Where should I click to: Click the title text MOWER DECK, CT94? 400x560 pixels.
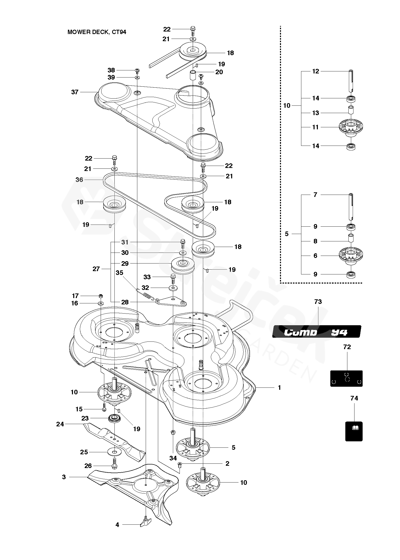point(97,32)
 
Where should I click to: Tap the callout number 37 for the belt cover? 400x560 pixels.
point(75,92)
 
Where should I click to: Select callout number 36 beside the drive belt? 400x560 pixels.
point(79,180)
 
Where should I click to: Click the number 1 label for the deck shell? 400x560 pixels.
point(279,387)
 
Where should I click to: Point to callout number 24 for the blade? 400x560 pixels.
point(60,424)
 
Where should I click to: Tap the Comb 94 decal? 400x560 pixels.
point(317,332)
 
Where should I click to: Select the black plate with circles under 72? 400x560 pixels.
point(346,378)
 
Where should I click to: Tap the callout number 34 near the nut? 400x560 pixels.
point(173,458)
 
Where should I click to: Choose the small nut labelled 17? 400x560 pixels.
point(101,296)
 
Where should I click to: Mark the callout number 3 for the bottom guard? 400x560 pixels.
point(64,477)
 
